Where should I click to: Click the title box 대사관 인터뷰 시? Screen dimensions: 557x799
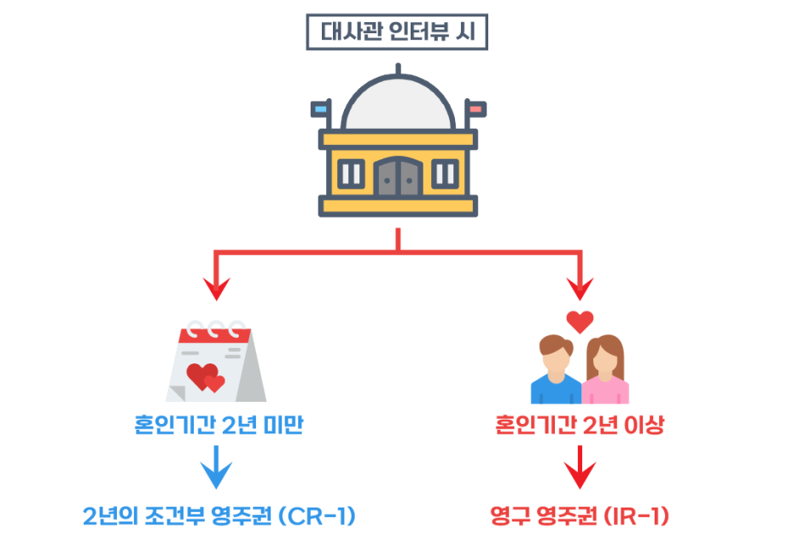[x=399, y=33]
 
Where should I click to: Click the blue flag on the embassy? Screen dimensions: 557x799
[x=321, y=109]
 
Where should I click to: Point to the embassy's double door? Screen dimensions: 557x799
[x=399, y=176]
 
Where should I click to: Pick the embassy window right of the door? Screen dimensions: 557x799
[x=445, y=174]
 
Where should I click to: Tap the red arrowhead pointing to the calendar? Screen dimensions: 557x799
[x=216, y=288]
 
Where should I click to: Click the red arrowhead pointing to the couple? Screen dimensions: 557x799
[x=581, y=288]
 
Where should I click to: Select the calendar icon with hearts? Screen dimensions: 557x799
[x=214, y=363]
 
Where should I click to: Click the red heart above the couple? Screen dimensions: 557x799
[x=580, y=322]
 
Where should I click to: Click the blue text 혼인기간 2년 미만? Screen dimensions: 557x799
[x=219, y=426]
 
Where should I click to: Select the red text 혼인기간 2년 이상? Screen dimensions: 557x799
[x=580, y=426]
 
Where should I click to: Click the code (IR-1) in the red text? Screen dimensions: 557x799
[x=636, y=517]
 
